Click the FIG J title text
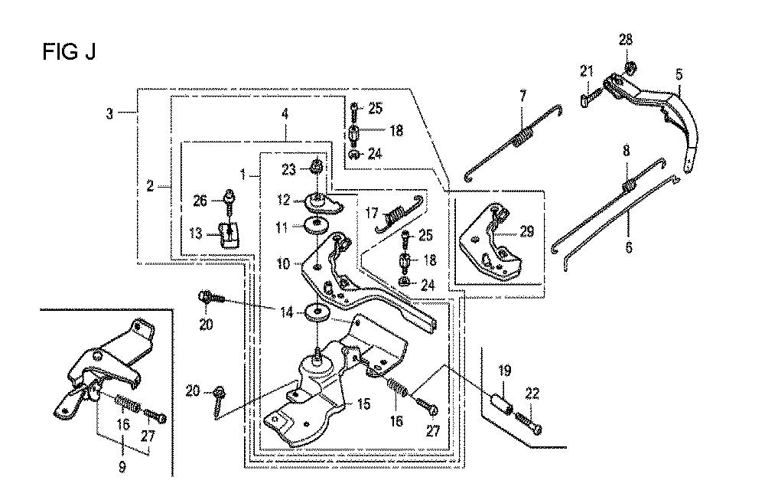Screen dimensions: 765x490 (69, 51)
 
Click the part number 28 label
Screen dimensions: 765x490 (626, 40)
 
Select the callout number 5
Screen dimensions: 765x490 (679, 75)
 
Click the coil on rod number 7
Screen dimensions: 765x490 (521, 136)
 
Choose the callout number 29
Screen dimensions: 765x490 (526, 231)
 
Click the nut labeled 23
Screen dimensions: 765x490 (316, 167)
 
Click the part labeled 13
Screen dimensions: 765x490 (229, 235)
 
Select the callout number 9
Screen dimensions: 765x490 (122, 466)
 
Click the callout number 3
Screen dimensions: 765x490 (109, 114)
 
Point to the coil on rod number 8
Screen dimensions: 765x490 (629, 185)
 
